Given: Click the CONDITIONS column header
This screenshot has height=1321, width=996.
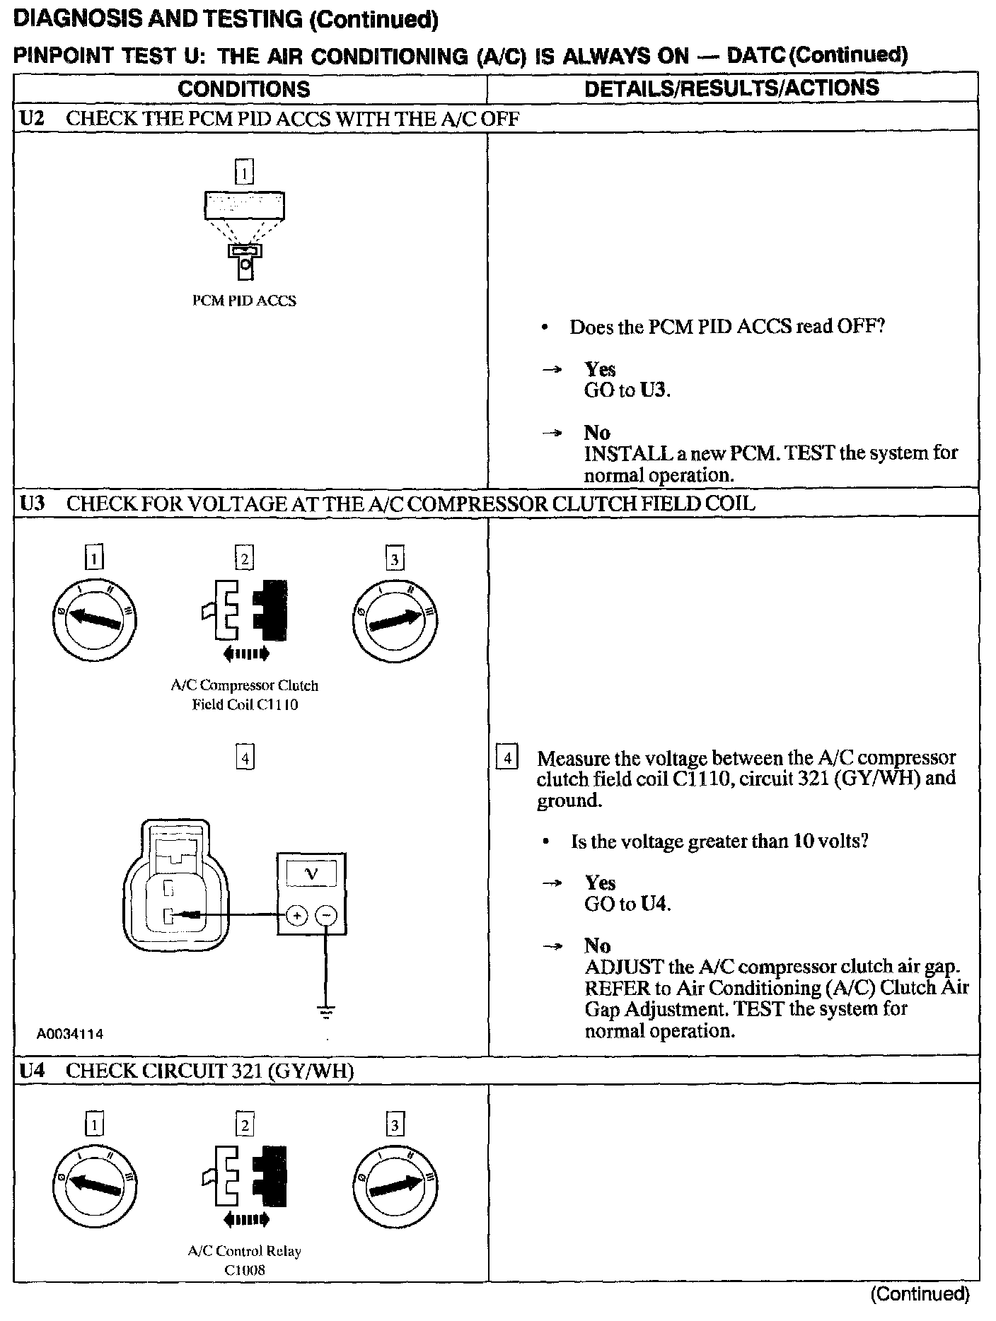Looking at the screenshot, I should pyautogui.click(x=244, y=89).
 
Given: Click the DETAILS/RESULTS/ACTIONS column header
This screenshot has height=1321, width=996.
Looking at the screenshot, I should pyautogui.click(x=732, y=88).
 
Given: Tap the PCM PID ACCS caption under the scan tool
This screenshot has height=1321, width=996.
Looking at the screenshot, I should pyautogui.click(x=245, y=301).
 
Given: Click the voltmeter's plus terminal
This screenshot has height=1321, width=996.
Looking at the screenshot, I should pyautogui.click(x=297, y=916).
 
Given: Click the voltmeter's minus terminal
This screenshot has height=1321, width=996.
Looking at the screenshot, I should pyautogui.click(x=325, y=916).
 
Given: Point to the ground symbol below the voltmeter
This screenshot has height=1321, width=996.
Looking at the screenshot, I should pyautogui.click(x=325, y=1011).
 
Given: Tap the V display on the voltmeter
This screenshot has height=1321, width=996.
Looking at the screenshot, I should pyautogui.click(x=311, y=875).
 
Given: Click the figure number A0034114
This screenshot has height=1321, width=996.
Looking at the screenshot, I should pyautogui.click(x=70, y=1034).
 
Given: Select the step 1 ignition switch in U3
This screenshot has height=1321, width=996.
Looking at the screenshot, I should pyautogui.click(x=94, y=621).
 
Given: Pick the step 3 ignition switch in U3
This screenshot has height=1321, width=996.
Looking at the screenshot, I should pyautogui.click(x=395, y=621).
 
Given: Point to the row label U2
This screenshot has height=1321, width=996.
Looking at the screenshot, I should pyautogui.click(x=32, y=118).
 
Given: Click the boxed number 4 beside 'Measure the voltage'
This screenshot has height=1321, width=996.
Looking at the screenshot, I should pyautogui.click(x=506, y=758).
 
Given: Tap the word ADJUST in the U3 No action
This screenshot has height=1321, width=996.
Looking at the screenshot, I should pyautogui.click(x=624, y=967).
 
